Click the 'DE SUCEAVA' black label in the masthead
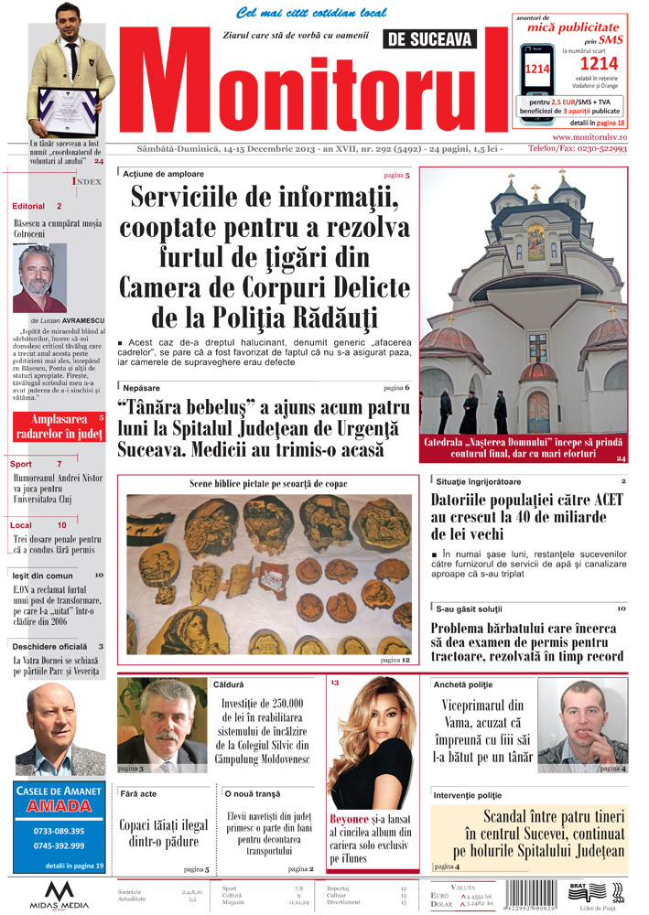430,39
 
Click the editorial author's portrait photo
39,278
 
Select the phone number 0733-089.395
59,831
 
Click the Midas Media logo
59,894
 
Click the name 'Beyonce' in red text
350,818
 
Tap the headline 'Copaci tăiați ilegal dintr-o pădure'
164,834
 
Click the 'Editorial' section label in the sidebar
28,206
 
